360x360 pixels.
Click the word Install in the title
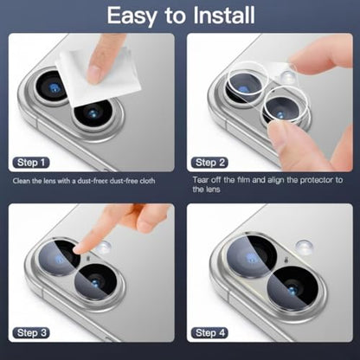[x=224, y=16]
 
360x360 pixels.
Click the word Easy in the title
[x=131, y=16]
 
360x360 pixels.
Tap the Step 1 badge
[x=31, y=163]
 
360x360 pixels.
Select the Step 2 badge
[x=209, y=163]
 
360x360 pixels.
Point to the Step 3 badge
[x=31, y=333]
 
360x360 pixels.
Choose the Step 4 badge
[x=209, y=333]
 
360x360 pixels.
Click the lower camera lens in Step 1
[x=93, y=114]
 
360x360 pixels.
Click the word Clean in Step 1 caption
[x=22, y=181]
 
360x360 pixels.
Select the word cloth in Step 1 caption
[x=147, y=181]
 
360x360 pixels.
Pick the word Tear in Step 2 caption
[x=201, y=180]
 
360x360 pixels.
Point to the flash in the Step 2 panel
[x=288, y=76]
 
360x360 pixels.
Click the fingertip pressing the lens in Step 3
[x=79, y=248]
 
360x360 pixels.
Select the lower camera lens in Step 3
[x=96, y=283]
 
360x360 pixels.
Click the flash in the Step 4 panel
[x=305, y=247]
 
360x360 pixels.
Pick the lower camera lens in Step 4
[x=292, y=288]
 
